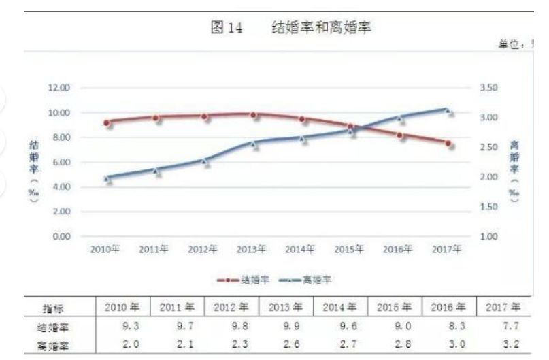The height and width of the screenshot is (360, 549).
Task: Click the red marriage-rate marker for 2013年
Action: click(253, 115)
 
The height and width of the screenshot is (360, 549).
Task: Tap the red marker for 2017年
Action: click(448, 143)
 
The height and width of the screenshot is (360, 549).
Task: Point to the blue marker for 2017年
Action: click(448, 110)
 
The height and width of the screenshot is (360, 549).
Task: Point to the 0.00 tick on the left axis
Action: click(61, 236)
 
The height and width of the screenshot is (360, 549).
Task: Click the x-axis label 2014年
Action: click(299, 249)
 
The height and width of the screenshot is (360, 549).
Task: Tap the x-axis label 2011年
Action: click(154, 249)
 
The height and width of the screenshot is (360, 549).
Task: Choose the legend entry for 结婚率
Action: click(235, 279)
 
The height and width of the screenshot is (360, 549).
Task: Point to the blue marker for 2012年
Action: click(205, 161)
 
